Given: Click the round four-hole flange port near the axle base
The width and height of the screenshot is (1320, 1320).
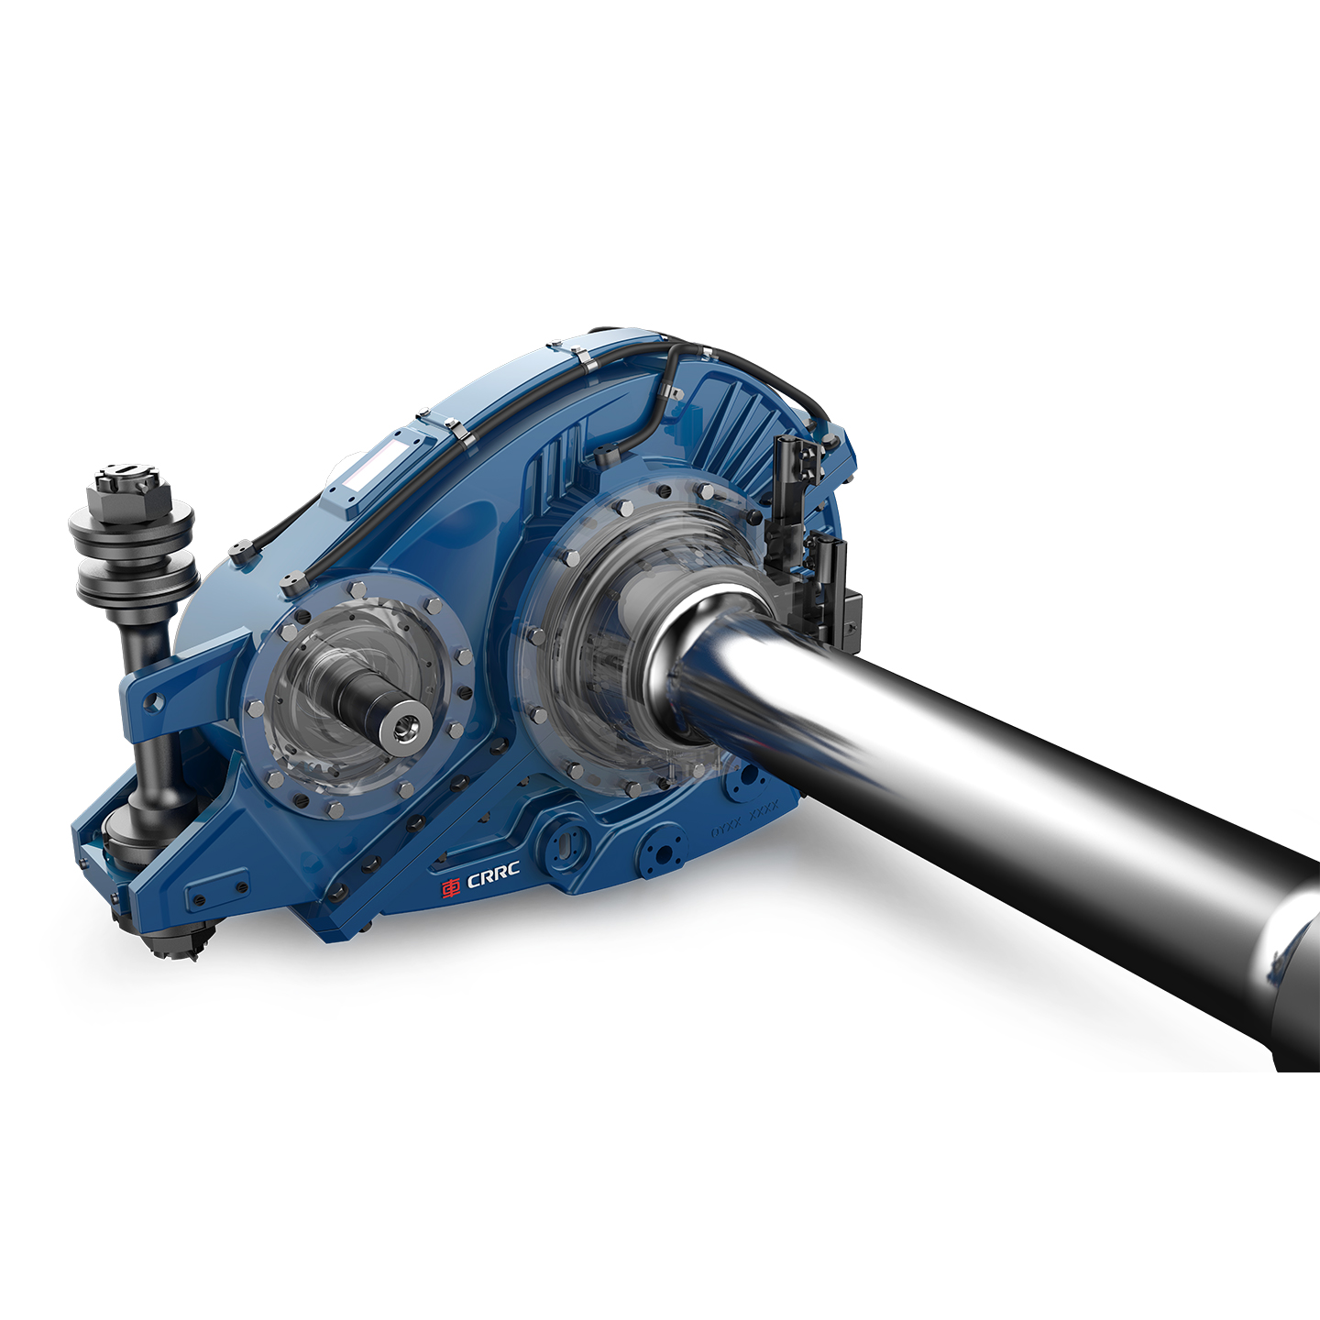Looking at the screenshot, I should pos(660,852).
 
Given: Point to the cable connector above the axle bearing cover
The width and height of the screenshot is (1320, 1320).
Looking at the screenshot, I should pos(606,454).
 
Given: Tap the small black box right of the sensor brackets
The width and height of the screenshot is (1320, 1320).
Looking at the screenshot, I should pos(851,612).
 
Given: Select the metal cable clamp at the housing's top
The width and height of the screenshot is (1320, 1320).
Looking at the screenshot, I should pos(580,358).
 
